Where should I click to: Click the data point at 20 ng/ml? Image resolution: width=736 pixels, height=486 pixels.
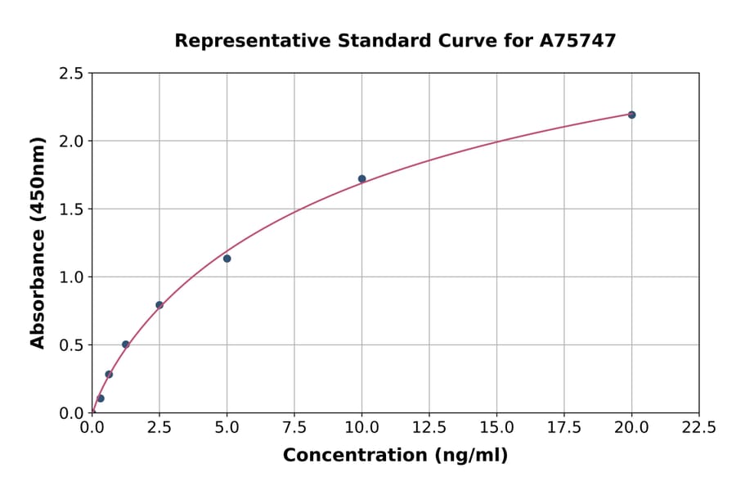click(631, 115)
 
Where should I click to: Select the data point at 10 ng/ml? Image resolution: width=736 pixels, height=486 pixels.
click(361, 178)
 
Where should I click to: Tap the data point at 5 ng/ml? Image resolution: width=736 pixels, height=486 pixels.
click(227, 259)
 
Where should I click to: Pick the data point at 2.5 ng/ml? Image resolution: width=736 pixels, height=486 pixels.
click(159, 305)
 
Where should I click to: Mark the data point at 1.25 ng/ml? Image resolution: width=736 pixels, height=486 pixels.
click(125, 344)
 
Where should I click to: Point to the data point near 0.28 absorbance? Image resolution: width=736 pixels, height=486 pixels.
click(109, 374)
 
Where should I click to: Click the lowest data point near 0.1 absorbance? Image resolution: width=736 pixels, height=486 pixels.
click(101, 398)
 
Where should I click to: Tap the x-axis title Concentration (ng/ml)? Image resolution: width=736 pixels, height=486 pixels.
click(395, 455)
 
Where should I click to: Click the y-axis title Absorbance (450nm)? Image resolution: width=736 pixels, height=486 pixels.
click(38, 242)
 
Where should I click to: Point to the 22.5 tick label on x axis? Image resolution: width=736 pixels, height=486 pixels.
click(698, 428)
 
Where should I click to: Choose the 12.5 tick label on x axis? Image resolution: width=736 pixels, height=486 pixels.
click(429, 428)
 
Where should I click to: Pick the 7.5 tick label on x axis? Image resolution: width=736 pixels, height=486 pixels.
click(294, 428)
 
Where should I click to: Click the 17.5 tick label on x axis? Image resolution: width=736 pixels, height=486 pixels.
click(564, 428)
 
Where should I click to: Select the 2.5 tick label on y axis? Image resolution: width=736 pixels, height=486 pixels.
click(72, 74)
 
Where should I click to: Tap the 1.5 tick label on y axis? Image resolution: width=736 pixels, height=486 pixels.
click(72, 209)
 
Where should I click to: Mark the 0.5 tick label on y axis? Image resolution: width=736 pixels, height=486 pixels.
click(72, 345)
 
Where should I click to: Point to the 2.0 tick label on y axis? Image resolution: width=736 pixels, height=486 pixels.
click(72, 142)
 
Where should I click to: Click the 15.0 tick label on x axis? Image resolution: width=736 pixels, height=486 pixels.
click(496, 428)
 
